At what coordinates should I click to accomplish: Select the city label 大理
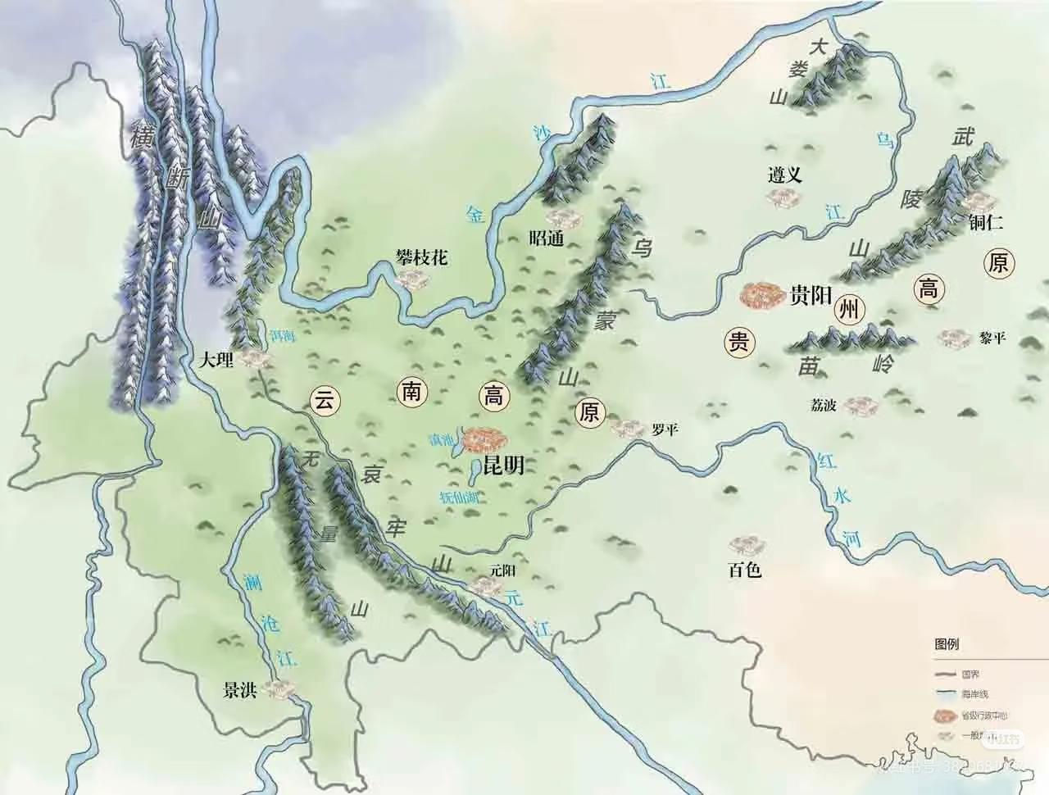click(x=216, y=359)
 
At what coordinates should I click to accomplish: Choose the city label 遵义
click(x=784, y=174)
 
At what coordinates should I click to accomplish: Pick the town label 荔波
click(x=824, y=404)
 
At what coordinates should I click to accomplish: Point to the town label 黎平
click(x=992, y=338)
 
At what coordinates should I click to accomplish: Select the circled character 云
click(x=325, y=401)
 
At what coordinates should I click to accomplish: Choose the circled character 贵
click(x=739, y=343)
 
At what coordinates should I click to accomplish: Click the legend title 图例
click(x=947, y=644)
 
